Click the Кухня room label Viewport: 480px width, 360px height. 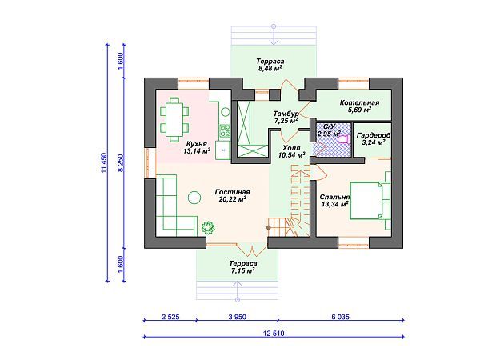tap(197, 144)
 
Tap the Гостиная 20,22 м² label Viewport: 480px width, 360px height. tap(233, 196)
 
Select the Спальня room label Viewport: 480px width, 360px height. tap(334, 197)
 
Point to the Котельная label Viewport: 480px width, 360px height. tap(359, 102)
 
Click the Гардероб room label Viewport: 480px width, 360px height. tap(374, 135)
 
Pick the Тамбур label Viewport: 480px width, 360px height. tap(286, 114)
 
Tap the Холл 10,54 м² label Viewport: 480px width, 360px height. tap(291, 151)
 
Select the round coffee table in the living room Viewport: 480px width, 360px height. tap(194, 198)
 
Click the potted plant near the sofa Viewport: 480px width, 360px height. tap(208, 227)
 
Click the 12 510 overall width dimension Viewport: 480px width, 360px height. tap(274, 334)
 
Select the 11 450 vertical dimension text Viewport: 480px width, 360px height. tap(105, 163)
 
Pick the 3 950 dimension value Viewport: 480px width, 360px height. tap(238, 317)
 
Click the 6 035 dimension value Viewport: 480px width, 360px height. tap(341, 317)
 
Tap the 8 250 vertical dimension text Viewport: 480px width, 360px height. tap(122, 163)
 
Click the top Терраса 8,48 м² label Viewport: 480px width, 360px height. tap(270, 65)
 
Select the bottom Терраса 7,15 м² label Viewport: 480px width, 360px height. tap(243, 267)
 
